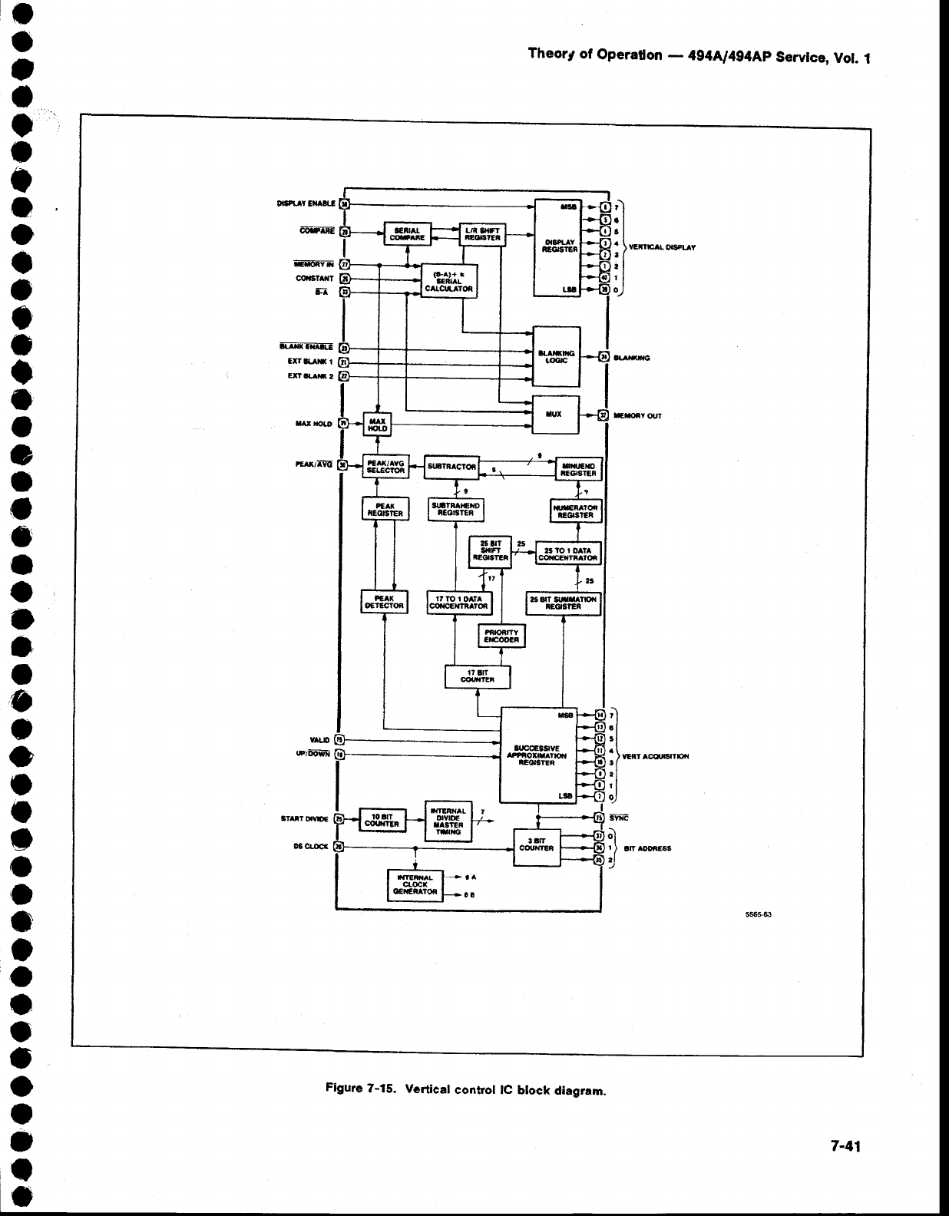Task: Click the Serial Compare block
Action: (407, 233)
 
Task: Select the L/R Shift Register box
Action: (482, 233)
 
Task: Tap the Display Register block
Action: (557, 247)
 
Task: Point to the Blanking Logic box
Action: (557, 357)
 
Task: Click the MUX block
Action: (557, 415)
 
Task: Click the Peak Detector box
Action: (385, 601)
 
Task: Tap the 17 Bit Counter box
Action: (477, 677)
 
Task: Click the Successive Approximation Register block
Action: (537, 754)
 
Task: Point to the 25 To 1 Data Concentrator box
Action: (567, 554)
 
